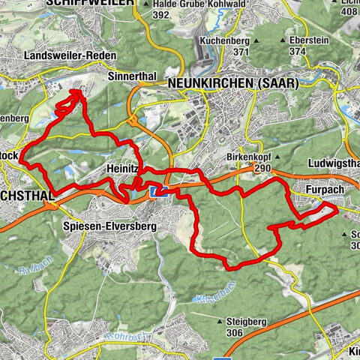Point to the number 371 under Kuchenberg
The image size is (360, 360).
(241, 52)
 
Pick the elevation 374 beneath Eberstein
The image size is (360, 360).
(298, 52)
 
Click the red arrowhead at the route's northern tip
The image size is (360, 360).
(76, 93)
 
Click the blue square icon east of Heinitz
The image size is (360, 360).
(157, 193)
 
